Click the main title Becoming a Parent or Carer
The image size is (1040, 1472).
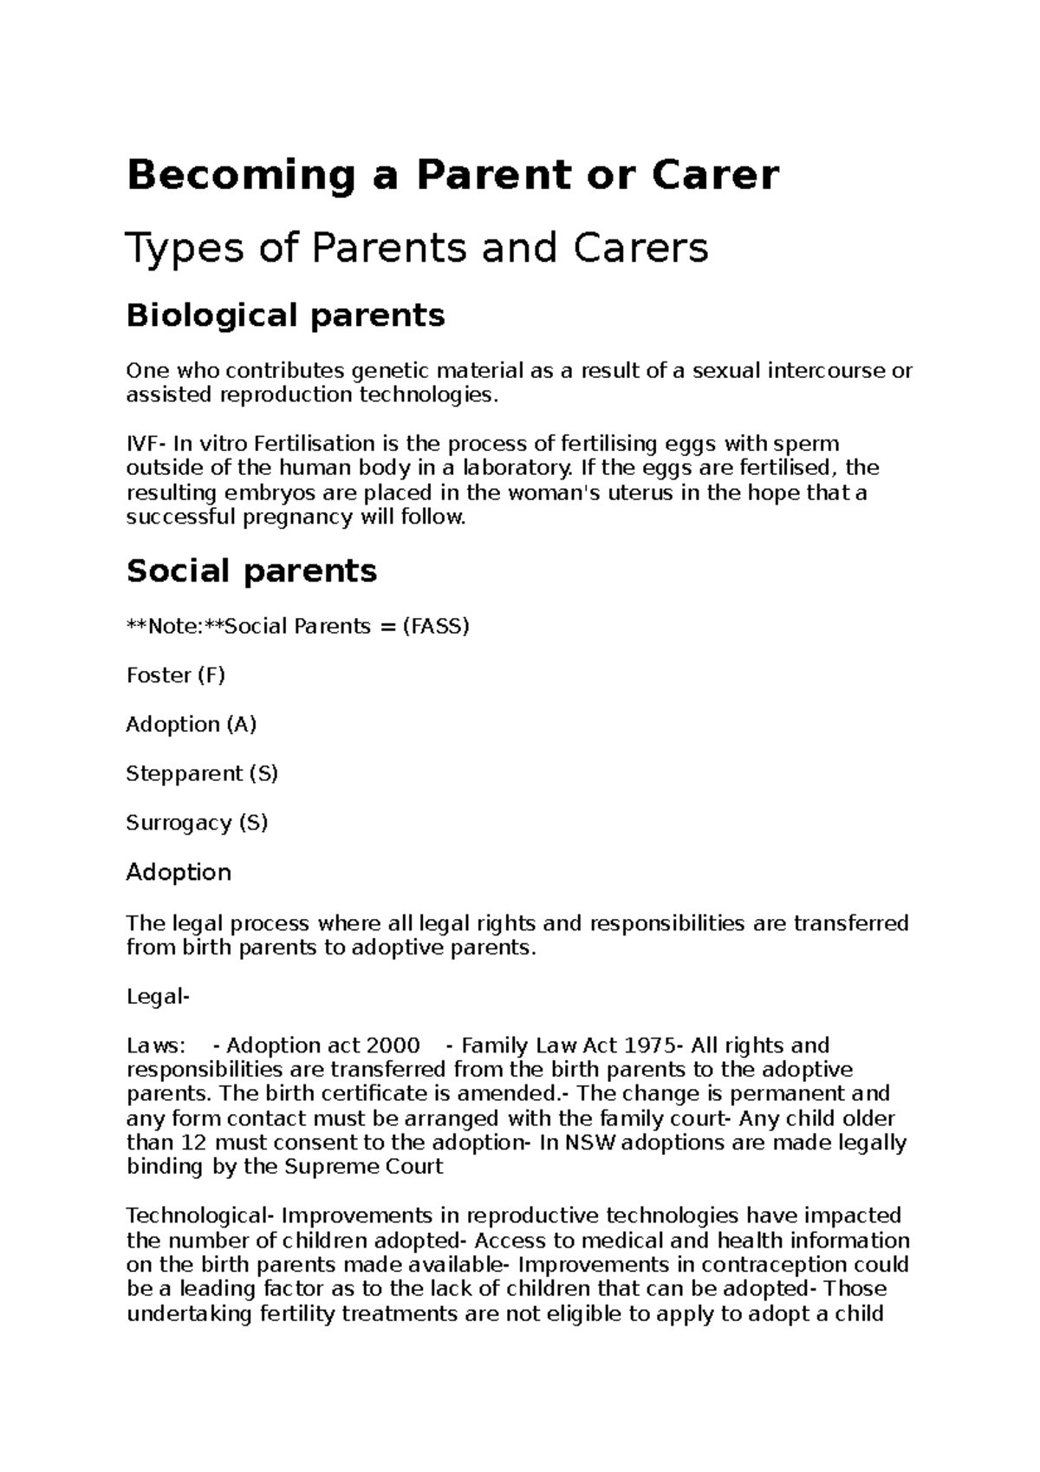click(452, 176)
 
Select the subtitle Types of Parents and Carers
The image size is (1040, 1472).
click(417, 249)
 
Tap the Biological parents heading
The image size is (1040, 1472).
click(285, 315)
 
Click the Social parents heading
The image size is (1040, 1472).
click(251, 571)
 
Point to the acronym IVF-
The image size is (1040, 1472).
click(146, 444)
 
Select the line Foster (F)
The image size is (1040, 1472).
click(175, 675)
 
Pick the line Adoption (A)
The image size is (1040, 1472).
click(191, 724)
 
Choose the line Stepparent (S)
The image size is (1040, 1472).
click(201, 773)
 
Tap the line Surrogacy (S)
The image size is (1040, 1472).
click(197, 823)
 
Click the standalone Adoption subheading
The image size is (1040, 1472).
click(179, 872)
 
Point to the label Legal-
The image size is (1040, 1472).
click(158, 997)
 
